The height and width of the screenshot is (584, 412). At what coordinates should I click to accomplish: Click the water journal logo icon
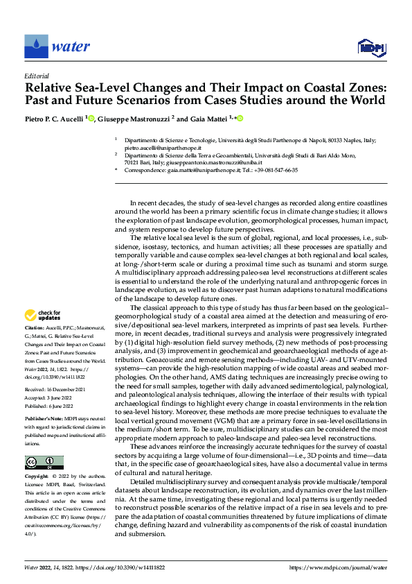coord(35,46)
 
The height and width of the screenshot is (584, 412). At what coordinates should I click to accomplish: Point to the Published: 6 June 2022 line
coord(51,407)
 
